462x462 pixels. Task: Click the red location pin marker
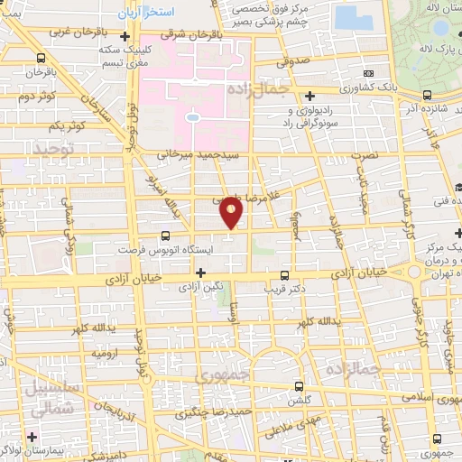[232, 212]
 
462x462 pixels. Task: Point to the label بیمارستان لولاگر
[54, 449]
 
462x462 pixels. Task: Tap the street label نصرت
[368, 156]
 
